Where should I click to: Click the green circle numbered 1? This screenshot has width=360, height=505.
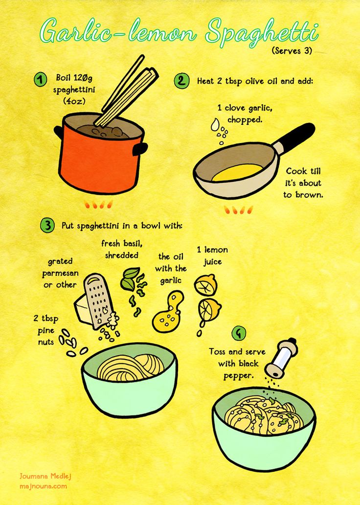[40, 80]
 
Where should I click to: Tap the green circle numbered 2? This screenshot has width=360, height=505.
[182, 81]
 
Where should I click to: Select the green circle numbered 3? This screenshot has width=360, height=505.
[47, 225]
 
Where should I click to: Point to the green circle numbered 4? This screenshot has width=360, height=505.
[239, 333]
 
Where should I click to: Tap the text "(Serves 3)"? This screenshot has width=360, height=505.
[292, 51]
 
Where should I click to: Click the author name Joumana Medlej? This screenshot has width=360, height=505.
[45, 476]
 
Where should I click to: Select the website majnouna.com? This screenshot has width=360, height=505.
[44, 486]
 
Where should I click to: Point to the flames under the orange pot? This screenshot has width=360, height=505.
[98, 204]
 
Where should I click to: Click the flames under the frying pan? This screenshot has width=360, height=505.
[239, 210]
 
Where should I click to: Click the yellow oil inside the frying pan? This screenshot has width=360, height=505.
[237, 172]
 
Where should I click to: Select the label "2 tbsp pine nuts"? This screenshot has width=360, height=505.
[45, 330]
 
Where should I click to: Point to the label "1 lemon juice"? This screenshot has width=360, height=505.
[212, 256]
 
